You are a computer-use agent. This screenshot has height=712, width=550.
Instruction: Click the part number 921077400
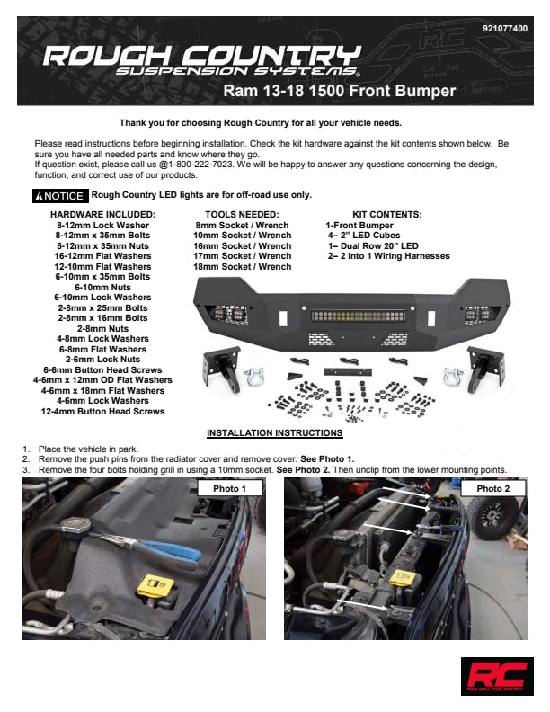505,28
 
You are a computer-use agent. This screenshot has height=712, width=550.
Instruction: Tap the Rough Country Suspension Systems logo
202,60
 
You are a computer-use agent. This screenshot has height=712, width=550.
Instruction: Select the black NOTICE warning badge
60,196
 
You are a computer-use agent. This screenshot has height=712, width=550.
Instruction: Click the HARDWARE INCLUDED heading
102,214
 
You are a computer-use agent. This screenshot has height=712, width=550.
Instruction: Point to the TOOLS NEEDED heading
242,214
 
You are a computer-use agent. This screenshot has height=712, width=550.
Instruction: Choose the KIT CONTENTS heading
387,214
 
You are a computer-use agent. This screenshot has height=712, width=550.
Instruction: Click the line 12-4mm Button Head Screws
103,412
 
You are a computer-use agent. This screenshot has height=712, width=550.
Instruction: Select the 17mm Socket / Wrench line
243,256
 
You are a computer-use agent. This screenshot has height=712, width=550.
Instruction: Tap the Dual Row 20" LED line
373,245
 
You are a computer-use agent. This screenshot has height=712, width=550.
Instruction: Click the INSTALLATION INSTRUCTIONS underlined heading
274,432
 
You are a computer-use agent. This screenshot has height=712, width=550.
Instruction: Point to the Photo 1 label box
230,488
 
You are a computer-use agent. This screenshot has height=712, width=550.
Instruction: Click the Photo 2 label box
492,488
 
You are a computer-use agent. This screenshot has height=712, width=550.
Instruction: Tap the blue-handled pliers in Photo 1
150,546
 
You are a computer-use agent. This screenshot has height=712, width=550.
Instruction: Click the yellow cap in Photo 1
155,586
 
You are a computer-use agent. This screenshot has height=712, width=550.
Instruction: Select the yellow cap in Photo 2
403,578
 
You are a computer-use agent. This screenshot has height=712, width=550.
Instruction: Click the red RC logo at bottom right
497,676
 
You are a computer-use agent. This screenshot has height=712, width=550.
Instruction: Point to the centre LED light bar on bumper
358,316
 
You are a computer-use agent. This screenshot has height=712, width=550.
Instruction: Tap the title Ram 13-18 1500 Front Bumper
340,91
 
